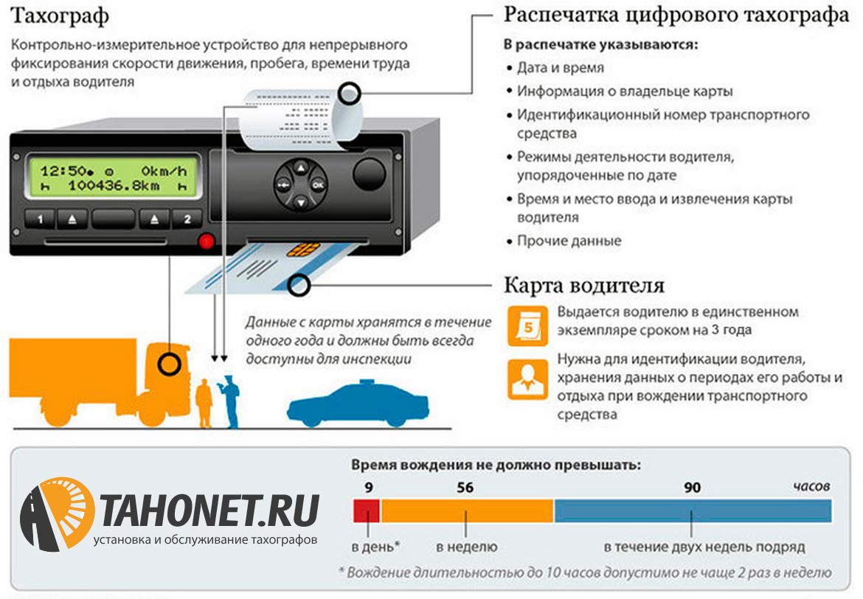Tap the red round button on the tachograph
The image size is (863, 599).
(206, 240)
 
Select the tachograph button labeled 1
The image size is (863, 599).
(40, 219)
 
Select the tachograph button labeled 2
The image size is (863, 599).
(187, 219)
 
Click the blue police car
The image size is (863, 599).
(357, 404)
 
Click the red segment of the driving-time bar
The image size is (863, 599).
(367, 510)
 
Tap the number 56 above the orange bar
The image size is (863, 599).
(465, 488)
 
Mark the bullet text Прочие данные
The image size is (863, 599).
(569, 240)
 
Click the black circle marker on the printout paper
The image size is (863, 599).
(350, 94)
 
